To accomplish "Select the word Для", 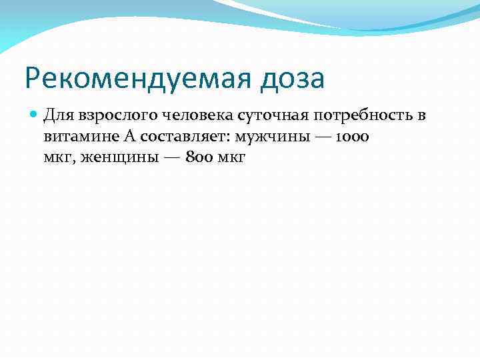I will point(57,116).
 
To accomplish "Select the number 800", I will point(193,157).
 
